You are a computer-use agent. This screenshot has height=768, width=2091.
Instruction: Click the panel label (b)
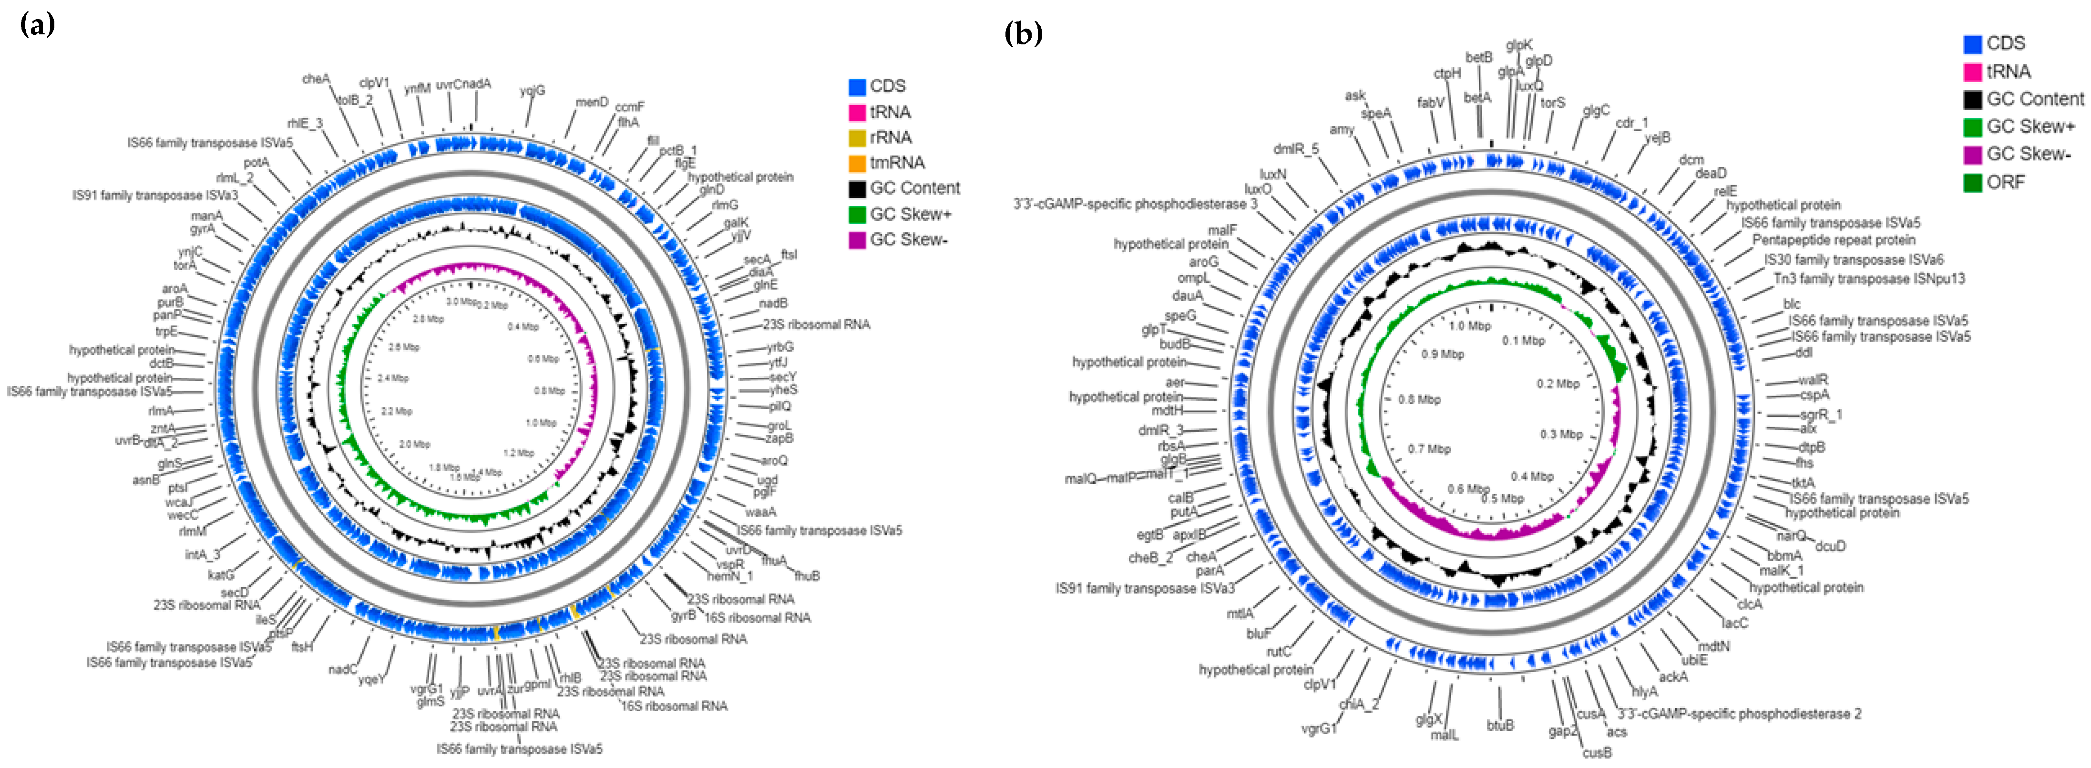click(1023, 33)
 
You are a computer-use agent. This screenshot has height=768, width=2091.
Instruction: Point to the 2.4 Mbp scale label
click(393, 378)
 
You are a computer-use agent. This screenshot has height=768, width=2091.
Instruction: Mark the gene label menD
click(592, 102)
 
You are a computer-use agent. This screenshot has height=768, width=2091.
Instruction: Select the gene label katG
click(221, 575)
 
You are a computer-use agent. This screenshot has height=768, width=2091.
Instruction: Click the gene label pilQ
click(779, 406)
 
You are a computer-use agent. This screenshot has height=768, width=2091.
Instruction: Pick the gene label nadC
click(342, 669)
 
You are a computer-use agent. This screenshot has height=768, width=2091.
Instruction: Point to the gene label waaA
click(760, 511)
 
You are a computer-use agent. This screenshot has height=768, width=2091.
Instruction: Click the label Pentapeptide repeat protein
click(1833, 240)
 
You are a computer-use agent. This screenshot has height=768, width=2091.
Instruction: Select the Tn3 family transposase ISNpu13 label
click(1868, 279)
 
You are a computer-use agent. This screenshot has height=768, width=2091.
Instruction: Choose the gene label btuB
click(1500, 725)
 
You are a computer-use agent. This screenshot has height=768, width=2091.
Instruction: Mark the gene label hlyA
click(1645, 692)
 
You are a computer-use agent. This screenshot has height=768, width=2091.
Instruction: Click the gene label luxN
click(1273, 174)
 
